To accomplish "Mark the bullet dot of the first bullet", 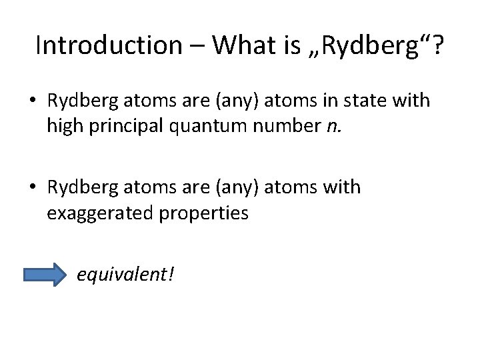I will [x=33, y=102].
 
